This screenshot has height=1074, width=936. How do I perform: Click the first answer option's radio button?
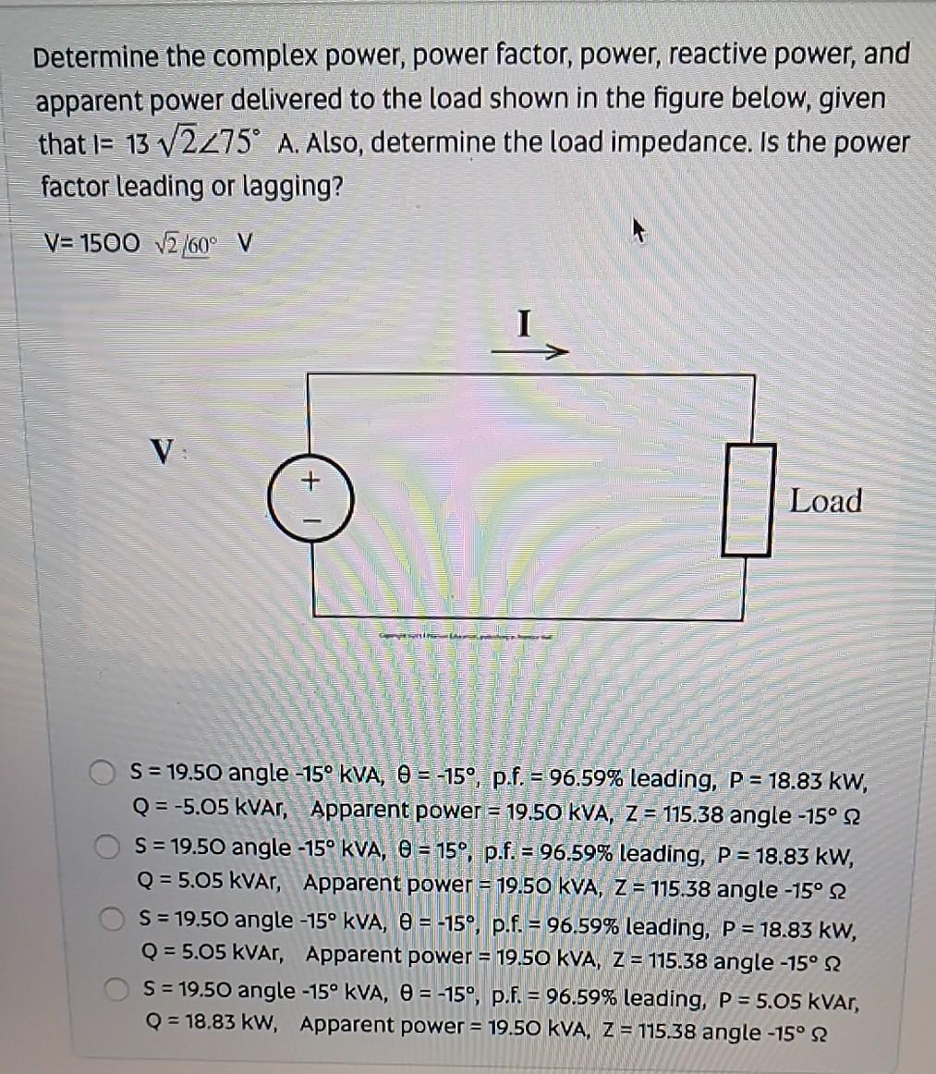(x=103, y=773)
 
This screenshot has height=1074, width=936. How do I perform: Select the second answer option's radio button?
(x=108, y=846)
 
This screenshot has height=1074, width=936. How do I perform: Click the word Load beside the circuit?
(x=825, y=501)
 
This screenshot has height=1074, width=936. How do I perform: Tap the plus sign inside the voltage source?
(x=310, y=481)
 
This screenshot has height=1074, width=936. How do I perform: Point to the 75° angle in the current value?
(x=243, y=143)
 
